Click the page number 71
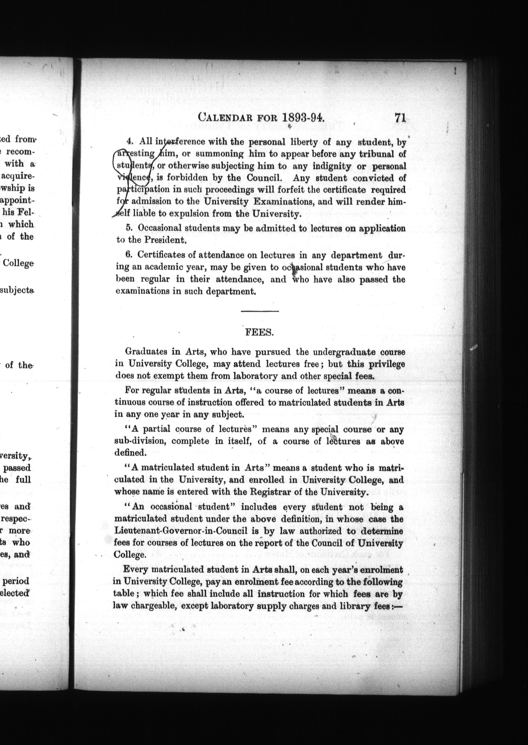coord(400,118)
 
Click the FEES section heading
coord(259,332)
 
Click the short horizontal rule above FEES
coord(260,311)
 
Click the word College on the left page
coord(18,263)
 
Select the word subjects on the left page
coord(17,290)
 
